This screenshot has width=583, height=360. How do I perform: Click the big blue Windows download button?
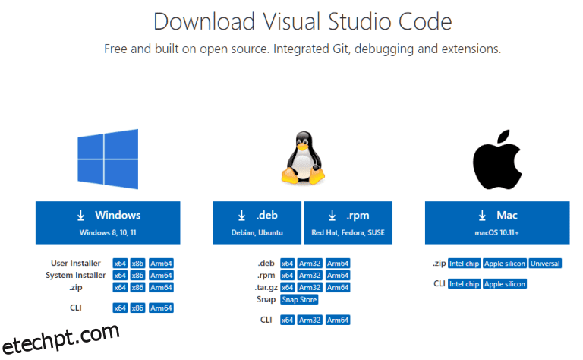pos(108,223)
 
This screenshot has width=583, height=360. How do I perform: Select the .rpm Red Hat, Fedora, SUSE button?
pos(348,223)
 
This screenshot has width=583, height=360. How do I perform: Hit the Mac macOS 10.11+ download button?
pos(497,223)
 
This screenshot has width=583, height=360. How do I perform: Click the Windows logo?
pos(108,159)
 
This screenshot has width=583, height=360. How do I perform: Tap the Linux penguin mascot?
pos(303,158)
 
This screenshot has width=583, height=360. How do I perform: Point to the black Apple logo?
pos(497,159)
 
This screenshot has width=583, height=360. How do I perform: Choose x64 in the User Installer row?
pos(120,264)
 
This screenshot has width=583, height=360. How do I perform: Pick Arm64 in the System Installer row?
pos(161,276)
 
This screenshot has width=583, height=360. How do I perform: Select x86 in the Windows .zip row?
pos(137,288)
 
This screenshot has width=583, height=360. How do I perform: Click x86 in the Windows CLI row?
pos(137,308)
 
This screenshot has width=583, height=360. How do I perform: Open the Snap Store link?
pos(299,300)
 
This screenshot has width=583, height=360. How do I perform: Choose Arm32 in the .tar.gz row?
pos(310,288)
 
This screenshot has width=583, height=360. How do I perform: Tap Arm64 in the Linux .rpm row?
pos(338,276)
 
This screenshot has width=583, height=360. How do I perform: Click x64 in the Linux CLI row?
pos(288,321)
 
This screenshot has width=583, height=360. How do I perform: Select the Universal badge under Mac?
pos(545,264)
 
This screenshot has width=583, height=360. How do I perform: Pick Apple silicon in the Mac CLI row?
pos(505,284)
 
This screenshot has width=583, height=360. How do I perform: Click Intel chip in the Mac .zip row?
pos(465,264)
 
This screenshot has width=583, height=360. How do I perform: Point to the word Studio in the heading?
pos(359,21)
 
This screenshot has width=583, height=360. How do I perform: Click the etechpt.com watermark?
pos(61,338)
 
